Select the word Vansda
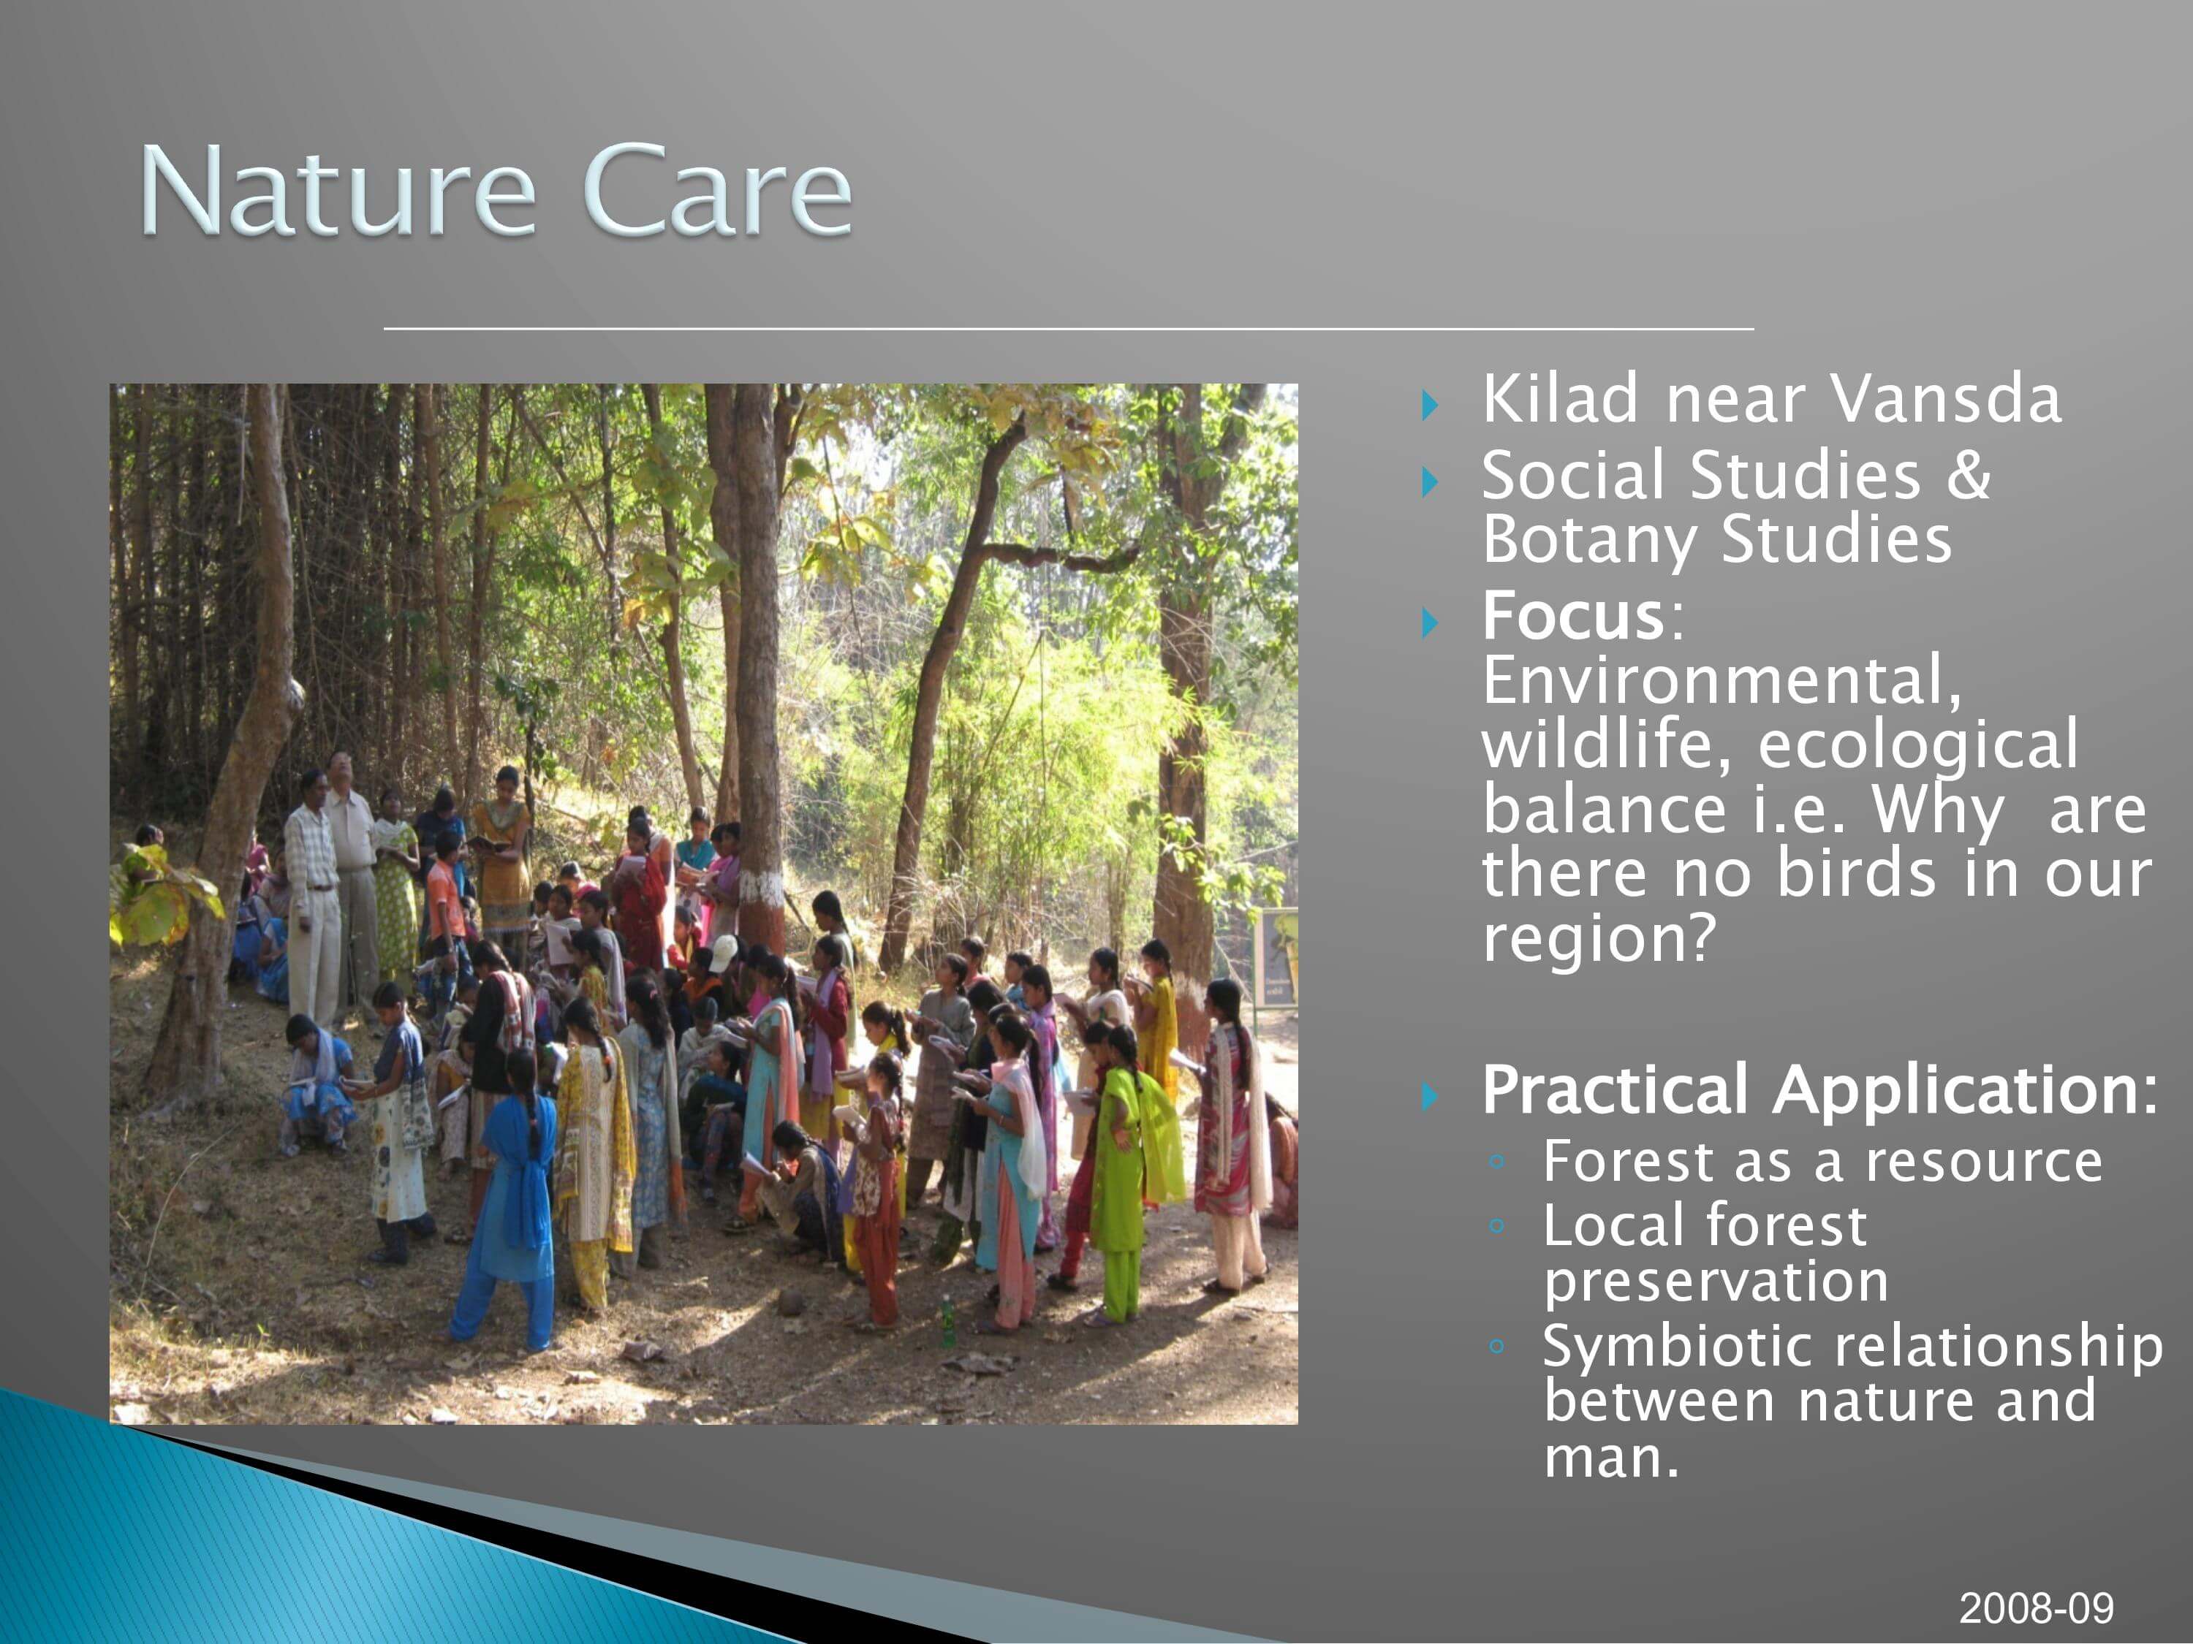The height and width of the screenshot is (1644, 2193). [1945, 398]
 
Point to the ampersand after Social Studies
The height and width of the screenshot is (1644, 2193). [1968, 475]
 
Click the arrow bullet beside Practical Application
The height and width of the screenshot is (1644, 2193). [1430, 1096]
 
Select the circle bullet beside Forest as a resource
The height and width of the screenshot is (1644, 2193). [1497, 1162]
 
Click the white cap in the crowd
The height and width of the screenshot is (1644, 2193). [724, 951]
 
